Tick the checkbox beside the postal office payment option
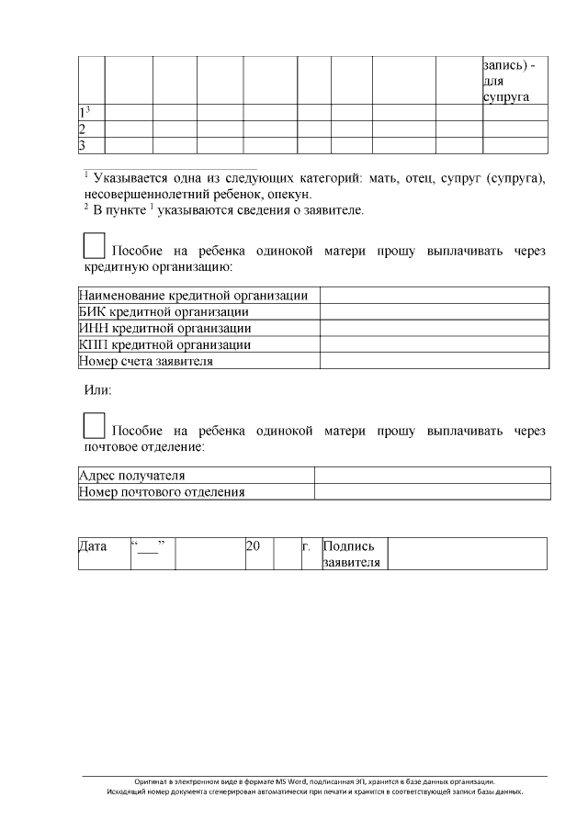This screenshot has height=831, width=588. (94, 425)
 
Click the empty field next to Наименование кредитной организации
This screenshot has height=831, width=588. (434, 296)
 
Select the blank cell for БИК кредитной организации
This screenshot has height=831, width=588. (434, 312)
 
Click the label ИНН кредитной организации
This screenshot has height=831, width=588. (165, 328)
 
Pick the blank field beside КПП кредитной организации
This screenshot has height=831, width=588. (434, 344)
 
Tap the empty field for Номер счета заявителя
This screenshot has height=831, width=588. (434, 361)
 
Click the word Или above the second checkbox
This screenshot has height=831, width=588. (97, 390)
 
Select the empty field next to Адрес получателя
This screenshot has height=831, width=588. (432, 476)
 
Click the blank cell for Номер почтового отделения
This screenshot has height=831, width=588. (432, 492)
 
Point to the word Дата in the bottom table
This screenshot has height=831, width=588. (93, 546)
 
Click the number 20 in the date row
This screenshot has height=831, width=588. (254, 546)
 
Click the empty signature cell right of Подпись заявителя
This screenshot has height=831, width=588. (467, 554)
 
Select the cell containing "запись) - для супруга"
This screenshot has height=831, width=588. (514, 81)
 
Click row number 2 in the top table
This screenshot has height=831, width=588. (83, 129)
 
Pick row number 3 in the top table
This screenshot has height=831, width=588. (83, 145)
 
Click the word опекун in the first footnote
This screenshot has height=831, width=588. (289, 194)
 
